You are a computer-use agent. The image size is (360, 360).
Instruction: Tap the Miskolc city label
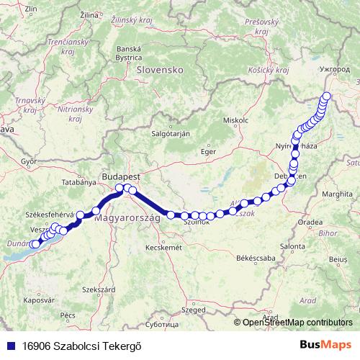tap(235, 120)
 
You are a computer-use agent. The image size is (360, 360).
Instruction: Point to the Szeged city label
tap(193, 310)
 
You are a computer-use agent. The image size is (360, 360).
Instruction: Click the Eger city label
tap(208, 151)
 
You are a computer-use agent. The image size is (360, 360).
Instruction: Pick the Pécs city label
tap(68, 315)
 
